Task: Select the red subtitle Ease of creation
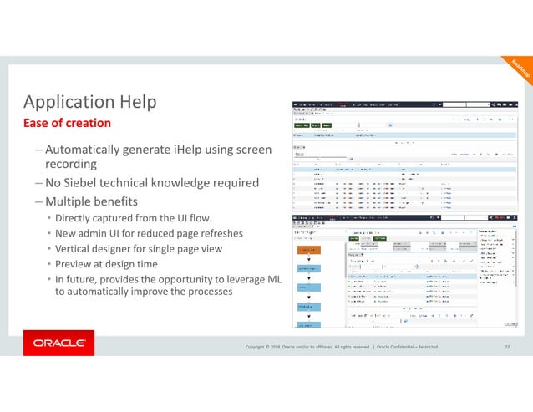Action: coord(66,124)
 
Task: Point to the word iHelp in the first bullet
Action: coord(185,150)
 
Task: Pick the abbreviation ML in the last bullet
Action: coord(272,278)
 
